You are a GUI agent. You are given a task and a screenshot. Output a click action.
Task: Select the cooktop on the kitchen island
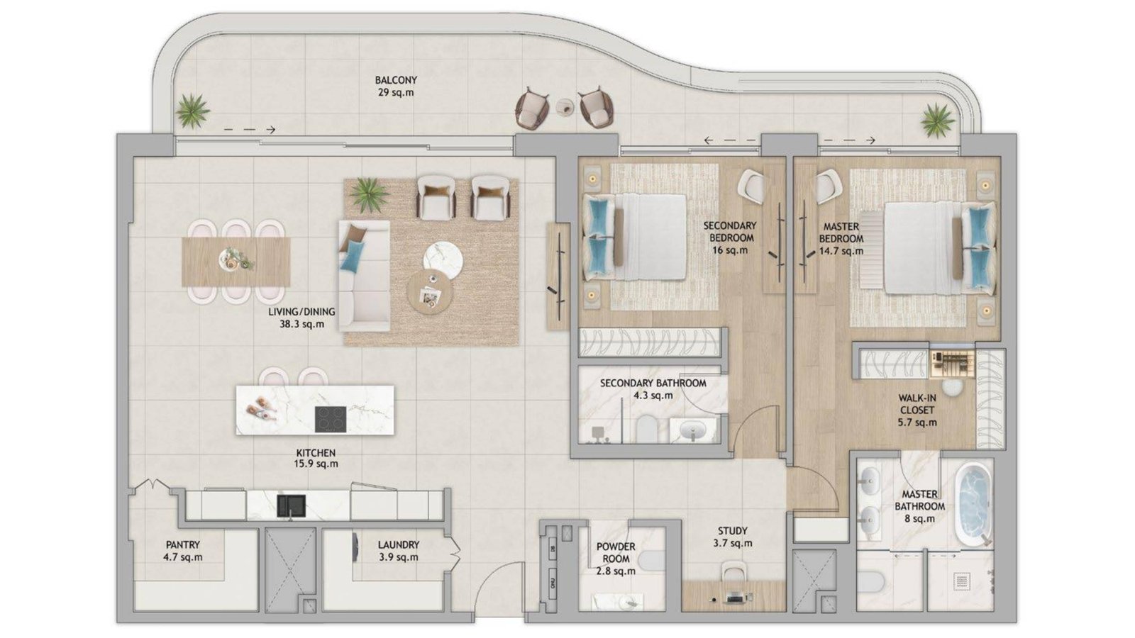pyautogui.click(x=331, y=419)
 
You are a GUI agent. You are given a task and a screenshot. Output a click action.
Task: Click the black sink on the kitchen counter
pyautogui.click(x=292, y=506)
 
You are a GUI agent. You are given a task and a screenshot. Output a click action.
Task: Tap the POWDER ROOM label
pyautogui.click(x=616, y=553)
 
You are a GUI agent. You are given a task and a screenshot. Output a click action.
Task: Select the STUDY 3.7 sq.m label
pyautogui.click(x=732, y=537)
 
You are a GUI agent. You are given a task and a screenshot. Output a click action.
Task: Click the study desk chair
pyautogui.click(x=733, y=572)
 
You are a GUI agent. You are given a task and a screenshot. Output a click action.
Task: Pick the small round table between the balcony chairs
pyautogui.click(x=565, y=107)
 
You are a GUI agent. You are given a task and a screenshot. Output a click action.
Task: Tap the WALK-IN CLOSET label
pyautogui.click(x=917, y=404)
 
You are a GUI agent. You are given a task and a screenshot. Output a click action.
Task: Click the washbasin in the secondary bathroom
pyautogui.click(x=692, y=432)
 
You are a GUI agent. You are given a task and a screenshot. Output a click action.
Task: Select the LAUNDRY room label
pyautogui.click(x=399, y=545)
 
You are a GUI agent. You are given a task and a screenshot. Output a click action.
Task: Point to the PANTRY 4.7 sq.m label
pyautogui.click(x=183, y=551)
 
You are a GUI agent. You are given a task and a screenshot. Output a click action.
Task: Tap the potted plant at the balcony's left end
pyautogui.click(x=192, y=111)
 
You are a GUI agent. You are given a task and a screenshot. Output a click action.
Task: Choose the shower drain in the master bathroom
pyautogui.click(x=961, y=581)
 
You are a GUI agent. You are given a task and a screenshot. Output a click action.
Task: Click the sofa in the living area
pyautogui.click(x=365, y=276)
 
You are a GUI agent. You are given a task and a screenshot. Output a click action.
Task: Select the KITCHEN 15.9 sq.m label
pyautogui.click(x=316, y=458)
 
